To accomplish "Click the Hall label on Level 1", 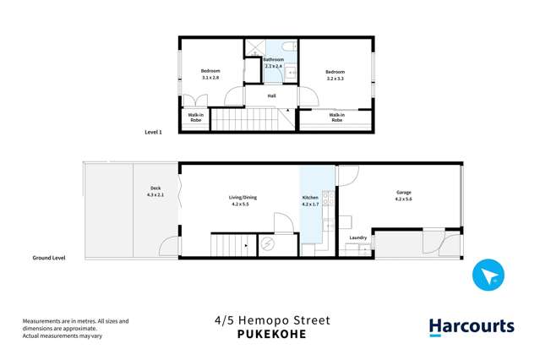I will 271,96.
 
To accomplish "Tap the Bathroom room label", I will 273,63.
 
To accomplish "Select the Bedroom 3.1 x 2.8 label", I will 210,74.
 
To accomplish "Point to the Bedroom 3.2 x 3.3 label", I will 335,75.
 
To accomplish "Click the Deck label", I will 155,191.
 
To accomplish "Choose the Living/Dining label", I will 243,200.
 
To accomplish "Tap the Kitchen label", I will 311,200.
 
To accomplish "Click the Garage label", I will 403,195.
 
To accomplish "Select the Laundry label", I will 358,237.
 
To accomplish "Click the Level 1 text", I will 153,133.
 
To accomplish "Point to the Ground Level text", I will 48,257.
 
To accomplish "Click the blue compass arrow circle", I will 488,275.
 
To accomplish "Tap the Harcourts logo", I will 471,327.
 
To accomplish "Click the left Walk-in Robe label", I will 195,117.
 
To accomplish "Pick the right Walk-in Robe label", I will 336,117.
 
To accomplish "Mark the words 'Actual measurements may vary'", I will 63,336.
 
